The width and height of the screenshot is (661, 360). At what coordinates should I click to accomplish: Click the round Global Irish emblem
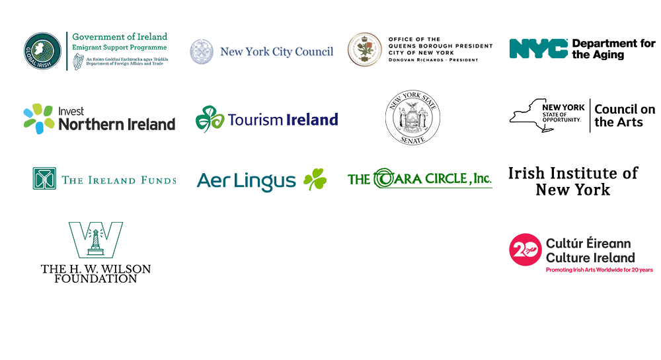43,53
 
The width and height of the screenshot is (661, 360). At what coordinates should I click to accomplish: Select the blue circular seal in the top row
202,54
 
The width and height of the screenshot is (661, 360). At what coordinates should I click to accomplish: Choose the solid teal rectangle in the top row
540,51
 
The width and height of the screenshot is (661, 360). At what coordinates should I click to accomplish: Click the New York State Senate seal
412,118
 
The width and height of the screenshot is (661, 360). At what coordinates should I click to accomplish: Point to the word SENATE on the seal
412,138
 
